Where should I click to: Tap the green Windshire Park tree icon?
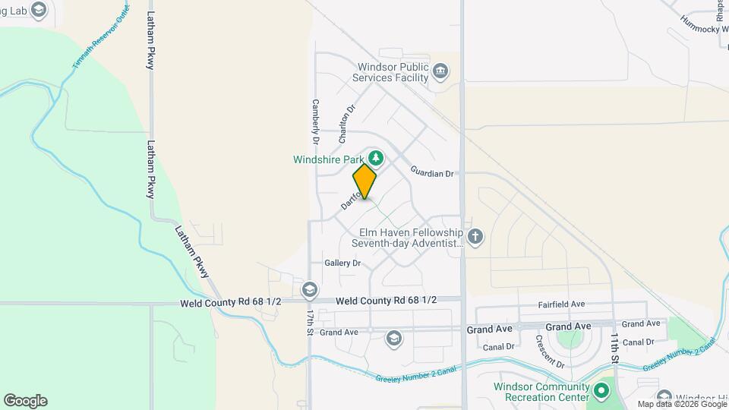click(x=375, y=159)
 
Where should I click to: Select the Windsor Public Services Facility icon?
click(x=440, y=72)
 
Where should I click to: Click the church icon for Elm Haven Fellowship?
click(x=475, y=237)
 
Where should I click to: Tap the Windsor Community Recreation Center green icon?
click(x=602, y=392)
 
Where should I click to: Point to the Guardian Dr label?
click(x=432, y=173)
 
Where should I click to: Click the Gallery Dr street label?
click(x=342, y=263)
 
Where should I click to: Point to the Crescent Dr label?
click(x=550, y=352)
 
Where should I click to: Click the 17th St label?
click(x=311, y=322)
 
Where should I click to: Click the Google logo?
click(x=25, y=401)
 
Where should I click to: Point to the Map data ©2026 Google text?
click(x=681, y=405)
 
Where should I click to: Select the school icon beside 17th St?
click(x=309, y=289)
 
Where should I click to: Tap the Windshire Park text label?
click(x=328, y=159)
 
